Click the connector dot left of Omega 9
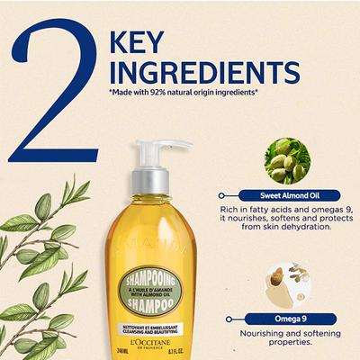tap(220, 316)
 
